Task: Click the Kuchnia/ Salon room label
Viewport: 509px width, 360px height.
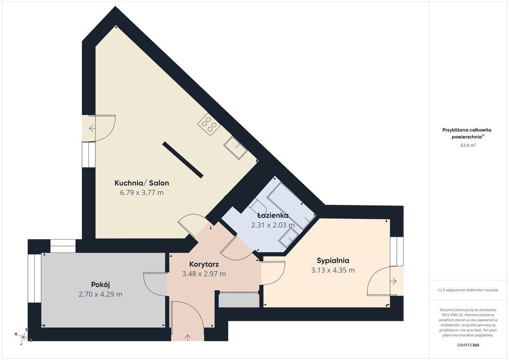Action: (142, 183)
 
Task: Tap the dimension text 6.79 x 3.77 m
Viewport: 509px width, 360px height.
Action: (142, 192)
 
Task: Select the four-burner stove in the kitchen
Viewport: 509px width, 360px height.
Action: (209, 124)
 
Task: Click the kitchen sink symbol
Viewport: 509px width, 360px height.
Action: (235, 148)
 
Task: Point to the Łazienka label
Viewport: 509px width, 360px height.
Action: (273, 215)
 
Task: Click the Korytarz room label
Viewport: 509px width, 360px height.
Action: (204, 264)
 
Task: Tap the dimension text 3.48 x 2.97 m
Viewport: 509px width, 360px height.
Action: (204, 273)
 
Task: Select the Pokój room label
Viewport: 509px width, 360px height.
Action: (100, 285)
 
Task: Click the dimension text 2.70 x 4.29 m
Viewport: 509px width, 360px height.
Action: (100, 294)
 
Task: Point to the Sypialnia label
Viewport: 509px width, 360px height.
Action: (333, 261)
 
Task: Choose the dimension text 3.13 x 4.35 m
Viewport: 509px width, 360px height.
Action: (333, 270)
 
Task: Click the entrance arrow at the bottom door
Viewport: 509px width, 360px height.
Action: (187, 337)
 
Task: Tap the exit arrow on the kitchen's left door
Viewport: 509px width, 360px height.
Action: (92, 128)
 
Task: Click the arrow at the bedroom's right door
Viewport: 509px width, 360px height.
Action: (394, 281)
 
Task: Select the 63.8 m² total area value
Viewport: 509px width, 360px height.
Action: (468, 145)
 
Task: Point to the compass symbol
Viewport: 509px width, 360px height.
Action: (23, 337)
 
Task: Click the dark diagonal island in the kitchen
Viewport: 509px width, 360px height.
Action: (183, 160)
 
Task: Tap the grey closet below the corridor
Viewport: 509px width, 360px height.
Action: (239, 300)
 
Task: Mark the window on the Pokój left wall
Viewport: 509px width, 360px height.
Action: (34, 278)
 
